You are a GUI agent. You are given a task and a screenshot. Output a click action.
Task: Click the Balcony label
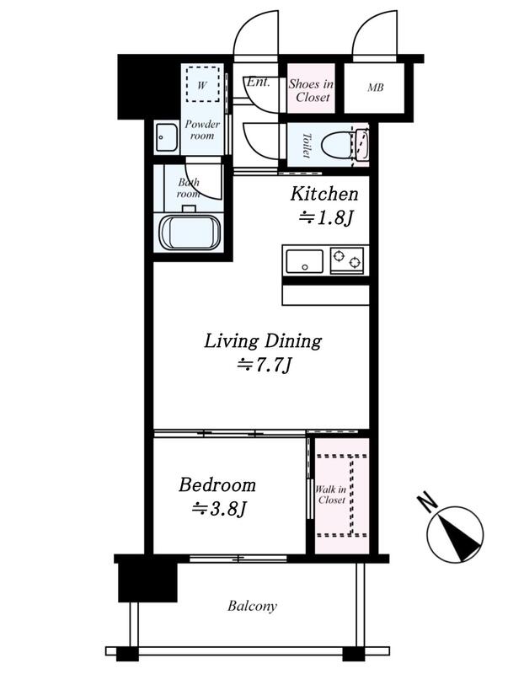coord(253,606)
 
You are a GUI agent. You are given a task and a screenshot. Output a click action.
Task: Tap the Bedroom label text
coord(217,485)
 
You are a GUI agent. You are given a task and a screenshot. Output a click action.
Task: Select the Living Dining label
coord(263,341)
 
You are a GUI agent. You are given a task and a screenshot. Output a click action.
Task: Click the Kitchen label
coord(324,194)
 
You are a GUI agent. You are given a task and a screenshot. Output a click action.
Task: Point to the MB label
coord(375,88)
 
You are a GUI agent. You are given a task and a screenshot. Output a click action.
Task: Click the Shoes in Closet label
coord(311,90)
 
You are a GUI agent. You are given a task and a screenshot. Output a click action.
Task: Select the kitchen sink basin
coord(304,261)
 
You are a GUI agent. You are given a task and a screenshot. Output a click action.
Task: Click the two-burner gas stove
coord(346,260)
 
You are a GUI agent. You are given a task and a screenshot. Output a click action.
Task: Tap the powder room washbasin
coord(166,137)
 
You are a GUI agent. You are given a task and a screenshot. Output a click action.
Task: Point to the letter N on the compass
coord(427,501)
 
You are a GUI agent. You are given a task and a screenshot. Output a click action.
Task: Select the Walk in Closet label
coord(331,495)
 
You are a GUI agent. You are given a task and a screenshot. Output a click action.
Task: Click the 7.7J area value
coord(265,366)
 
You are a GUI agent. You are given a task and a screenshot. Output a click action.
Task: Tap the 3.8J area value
coord(219,509)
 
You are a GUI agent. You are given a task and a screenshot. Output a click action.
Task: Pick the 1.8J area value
coord(325,218)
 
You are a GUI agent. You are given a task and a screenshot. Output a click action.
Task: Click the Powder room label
coord(202,130)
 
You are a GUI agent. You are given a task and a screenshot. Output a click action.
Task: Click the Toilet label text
coord(307,145)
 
